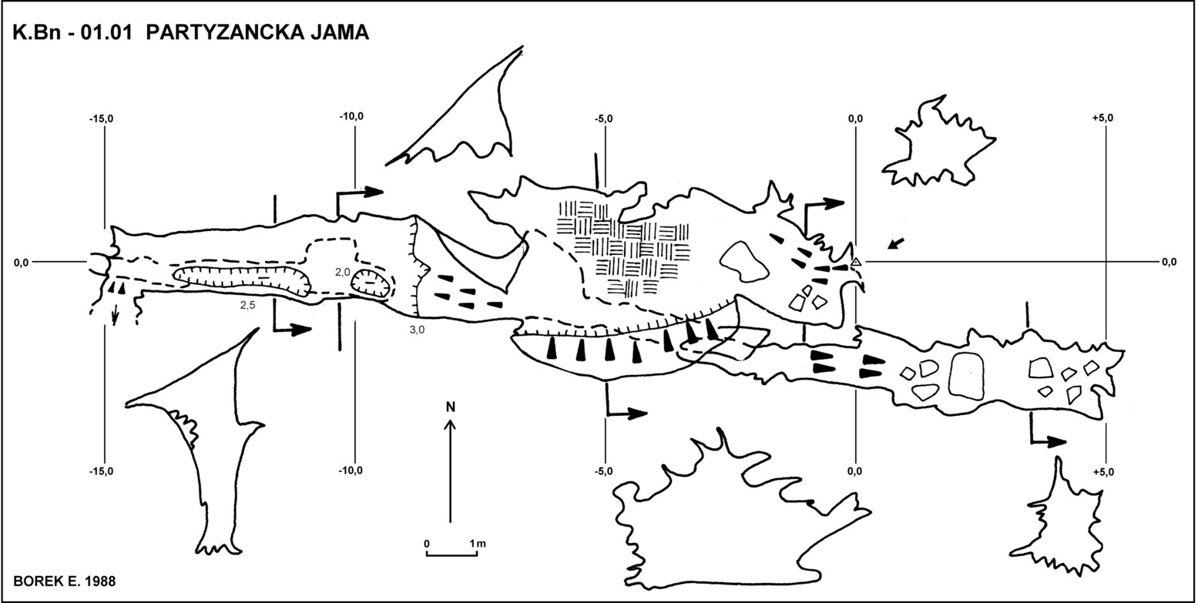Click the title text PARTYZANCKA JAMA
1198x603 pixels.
[257, 32]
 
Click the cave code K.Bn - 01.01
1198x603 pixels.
[72, 32]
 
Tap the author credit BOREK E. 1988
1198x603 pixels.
[64, 581]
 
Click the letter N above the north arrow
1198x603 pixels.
[451, 407]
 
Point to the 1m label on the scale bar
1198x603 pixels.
[478, 544]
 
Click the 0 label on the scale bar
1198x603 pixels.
[427, 544]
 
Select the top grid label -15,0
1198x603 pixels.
[101, 118]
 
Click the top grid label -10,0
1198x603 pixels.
[351, 116]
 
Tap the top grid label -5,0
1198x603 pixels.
[604, 118]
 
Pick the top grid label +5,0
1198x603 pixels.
[1102, 118]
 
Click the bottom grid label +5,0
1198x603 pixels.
[1104, 472]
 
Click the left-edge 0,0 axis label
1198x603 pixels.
[21, 263]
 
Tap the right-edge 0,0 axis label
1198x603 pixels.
[1169, 263]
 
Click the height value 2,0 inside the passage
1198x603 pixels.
[343, 272]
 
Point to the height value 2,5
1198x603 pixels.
[247, 305]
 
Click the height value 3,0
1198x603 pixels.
[417, 330]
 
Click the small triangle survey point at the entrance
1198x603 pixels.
[856, 262]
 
